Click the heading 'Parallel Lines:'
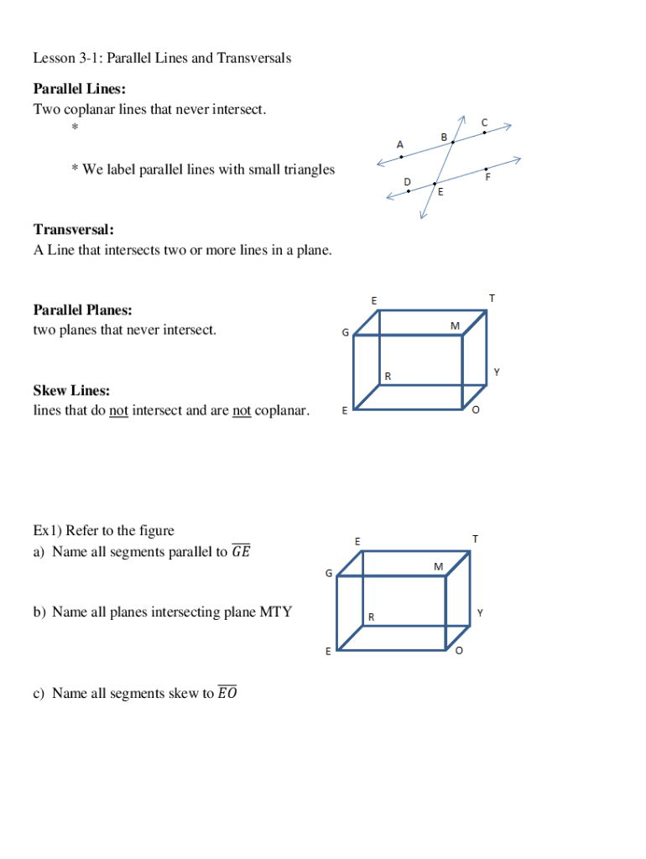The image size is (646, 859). [x=80, y=89]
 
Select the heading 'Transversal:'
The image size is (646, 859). [x=74, y=229]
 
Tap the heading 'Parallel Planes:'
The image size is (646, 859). [x=82, y=310]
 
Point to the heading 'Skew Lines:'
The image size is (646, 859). [x=71, y=391]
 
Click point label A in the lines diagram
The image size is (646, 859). [x=399, y=143]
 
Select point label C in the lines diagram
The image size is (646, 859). [x=484, y=122]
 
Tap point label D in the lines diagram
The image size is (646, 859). [x=407, y=181]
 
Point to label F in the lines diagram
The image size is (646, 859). [x=487, y=177]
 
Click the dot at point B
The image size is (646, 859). [x=453, y=143]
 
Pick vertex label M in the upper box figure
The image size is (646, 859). [x=455, y=325]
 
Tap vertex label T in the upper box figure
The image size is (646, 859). [x=492, y=298]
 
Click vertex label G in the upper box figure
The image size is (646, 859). [x=345, y=333]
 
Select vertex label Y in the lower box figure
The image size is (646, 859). [x=479, y=613]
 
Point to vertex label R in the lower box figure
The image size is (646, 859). [x=371, y=617]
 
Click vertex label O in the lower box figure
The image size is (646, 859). [x=459, y=651]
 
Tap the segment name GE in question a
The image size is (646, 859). [x=241, y=552]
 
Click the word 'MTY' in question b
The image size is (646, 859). [x=275, y=612]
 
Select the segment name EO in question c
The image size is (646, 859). [x=227, y=693]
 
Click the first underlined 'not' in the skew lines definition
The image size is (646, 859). [x=118, y=411]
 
